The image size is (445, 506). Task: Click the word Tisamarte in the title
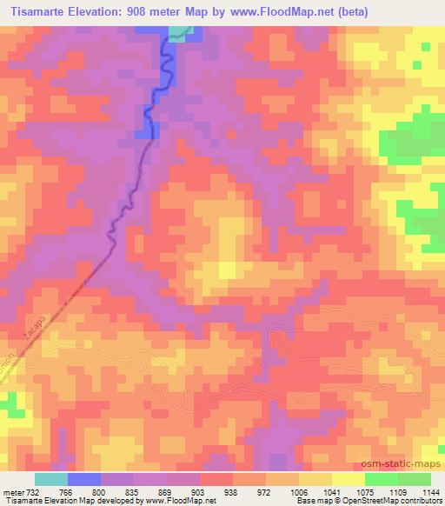37,12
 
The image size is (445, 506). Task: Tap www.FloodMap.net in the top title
280,12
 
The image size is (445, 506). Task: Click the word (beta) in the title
348,12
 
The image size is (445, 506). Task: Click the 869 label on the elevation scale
167,491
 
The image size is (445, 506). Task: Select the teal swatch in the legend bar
51,479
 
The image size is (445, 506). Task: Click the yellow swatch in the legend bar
349,479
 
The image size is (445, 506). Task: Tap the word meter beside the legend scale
13,491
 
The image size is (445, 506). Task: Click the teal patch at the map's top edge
179,33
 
